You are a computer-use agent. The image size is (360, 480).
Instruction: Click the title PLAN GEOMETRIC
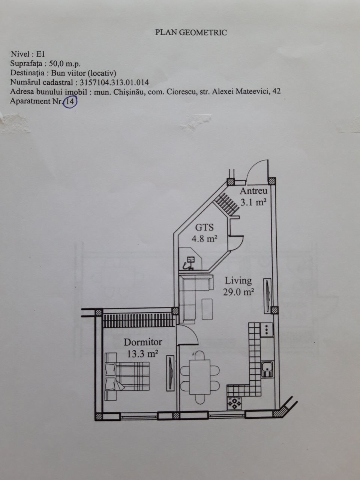pyautogui.click(x=191, y=32)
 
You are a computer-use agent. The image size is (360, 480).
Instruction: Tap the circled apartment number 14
pyautogui.click(x=70, y=102)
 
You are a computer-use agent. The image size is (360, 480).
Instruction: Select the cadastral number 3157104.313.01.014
pyautogui.click(x=114, y=82)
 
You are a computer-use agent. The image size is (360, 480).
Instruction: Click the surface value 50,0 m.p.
pyautogui.click(x=65, y=64)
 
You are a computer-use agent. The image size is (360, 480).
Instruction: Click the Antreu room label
pyautogui.click(x=253, y=191)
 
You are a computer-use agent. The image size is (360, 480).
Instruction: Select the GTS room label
pyautogui.click(x=204, y=227)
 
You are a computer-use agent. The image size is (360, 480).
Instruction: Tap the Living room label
pyautogui.click(x=238, y=281)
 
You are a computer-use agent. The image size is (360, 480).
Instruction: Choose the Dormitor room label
pyautogui.click(x=143, y=342)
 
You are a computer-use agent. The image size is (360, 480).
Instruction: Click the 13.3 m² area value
pyautogui.click(x=142, y=354)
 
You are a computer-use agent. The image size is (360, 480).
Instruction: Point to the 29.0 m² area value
pyautogui.click(x=238, y=292)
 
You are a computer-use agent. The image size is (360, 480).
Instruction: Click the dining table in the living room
pyautogui.click(x=200, y=377)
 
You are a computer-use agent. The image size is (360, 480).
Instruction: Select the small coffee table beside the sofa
pyautogui.click(x=207, y=309)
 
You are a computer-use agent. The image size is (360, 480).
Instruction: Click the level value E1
pyautogui.click(x=40, y=54)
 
